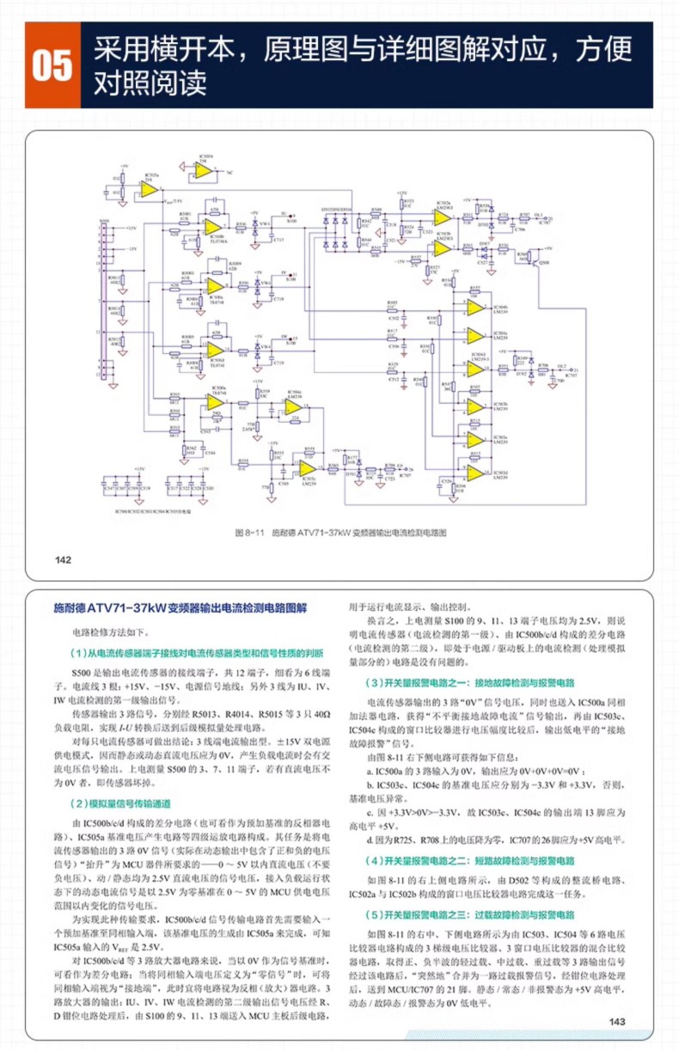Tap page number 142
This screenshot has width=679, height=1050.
pos(63,560)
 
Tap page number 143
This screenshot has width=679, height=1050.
pos(616,1022)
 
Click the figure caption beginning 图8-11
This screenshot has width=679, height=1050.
pos(340,533)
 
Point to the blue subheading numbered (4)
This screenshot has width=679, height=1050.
pos(470,859)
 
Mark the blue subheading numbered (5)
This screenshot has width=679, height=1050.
pos(470,914)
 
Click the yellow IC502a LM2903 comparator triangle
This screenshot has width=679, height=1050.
pos(442,217)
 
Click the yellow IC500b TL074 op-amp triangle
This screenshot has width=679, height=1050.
pos(212,226)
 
